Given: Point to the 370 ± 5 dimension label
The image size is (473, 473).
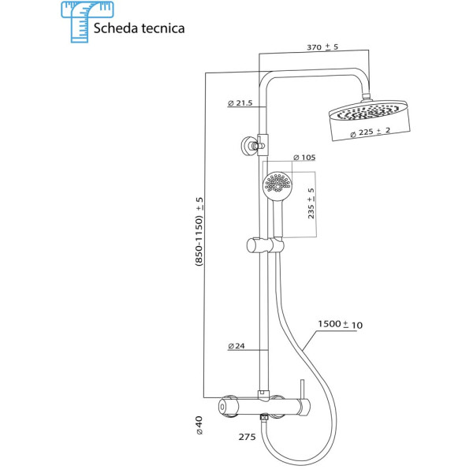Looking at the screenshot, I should coord(322,48).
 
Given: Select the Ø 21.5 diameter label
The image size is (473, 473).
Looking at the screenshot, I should coord(240,103).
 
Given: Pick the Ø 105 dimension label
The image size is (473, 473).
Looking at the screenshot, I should coord(304,158).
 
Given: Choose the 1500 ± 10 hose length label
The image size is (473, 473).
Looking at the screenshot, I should coord(341,324).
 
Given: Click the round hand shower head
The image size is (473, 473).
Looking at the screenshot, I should coord(277,184).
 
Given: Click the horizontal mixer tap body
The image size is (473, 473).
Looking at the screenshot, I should coord(265,405).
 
